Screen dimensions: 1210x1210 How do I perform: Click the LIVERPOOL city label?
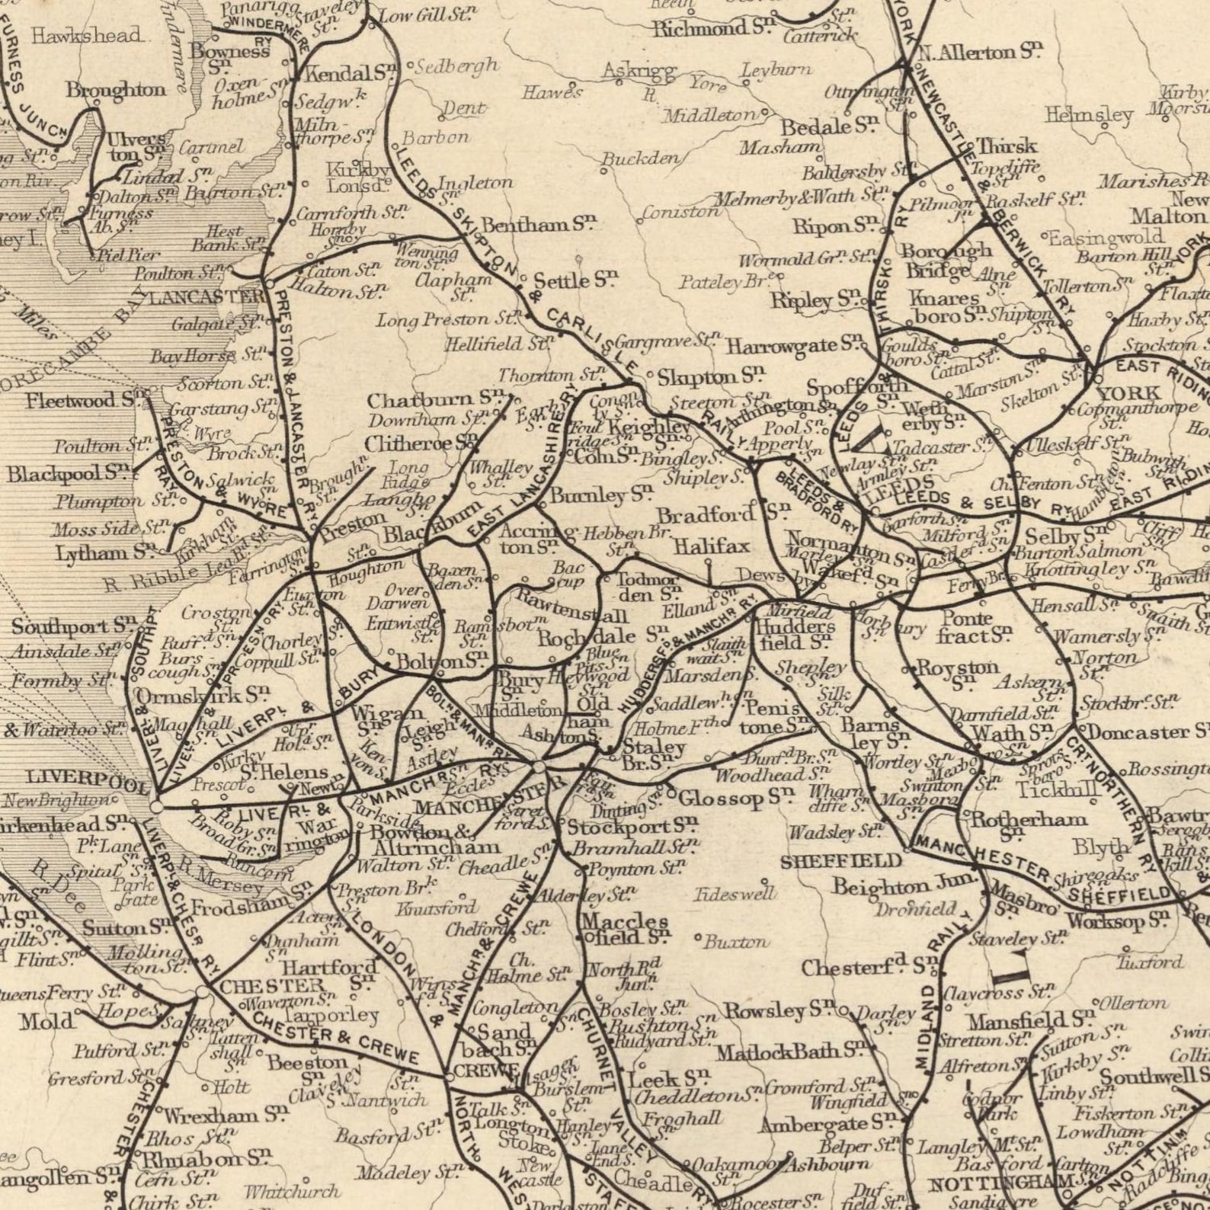click(x=76, y=779)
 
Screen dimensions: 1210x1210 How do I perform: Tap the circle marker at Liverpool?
click(x=155, y=805)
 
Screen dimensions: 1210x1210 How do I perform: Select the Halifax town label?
click(x=712, y=546)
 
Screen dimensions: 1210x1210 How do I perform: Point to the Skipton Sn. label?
click(x=709, y=376)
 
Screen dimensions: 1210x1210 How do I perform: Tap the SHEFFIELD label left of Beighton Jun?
click(x=840, y=862)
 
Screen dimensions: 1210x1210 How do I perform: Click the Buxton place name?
click(x=735, y=942)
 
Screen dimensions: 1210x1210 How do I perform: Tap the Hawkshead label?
click(x=87, y=34)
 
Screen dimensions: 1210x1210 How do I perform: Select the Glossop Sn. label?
click(x=732, y=798)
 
